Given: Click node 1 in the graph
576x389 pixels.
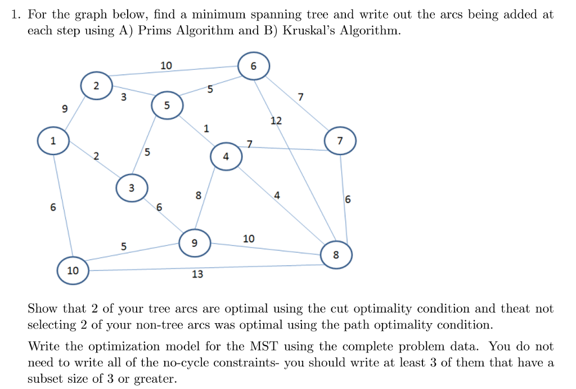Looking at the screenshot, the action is tap(53, 140).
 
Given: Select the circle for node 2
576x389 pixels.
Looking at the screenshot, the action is tap(96, 86).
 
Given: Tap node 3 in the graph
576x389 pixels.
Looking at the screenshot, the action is tap(132, 188).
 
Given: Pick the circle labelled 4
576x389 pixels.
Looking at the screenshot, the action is tap(226, 157).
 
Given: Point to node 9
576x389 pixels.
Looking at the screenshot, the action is tap(195, 243).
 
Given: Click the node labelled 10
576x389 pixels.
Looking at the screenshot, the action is tap(73, 271).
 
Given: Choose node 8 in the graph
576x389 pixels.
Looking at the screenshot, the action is tap(336, 255).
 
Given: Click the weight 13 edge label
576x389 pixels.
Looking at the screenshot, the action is tap(197, 274).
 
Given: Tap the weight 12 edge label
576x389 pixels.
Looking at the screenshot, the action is tap(276, 120).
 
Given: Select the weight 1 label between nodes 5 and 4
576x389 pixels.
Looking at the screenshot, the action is tap(206, 128).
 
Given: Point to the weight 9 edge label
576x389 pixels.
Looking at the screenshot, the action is tap(65, 109).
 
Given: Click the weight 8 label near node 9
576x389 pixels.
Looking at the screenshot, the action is tap(199, 195).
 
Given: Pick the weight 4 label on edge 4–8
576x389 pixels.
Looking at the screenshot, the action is tap(277, 195).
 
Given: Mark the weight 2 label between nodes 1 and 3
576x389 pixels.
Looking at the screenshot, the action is tap(96, 157).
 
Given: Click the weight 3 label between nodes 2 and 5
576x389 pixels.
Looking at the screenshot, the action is tap(124, 97).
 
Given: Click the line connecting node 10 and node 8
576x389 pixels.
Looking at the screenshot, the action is tap(205, 267).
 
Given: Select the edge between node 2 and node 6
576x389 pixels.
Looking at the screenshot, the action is tap(173, 71).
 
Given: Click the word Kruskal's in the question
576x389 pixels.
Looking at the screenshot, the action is tap(308, 30).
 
